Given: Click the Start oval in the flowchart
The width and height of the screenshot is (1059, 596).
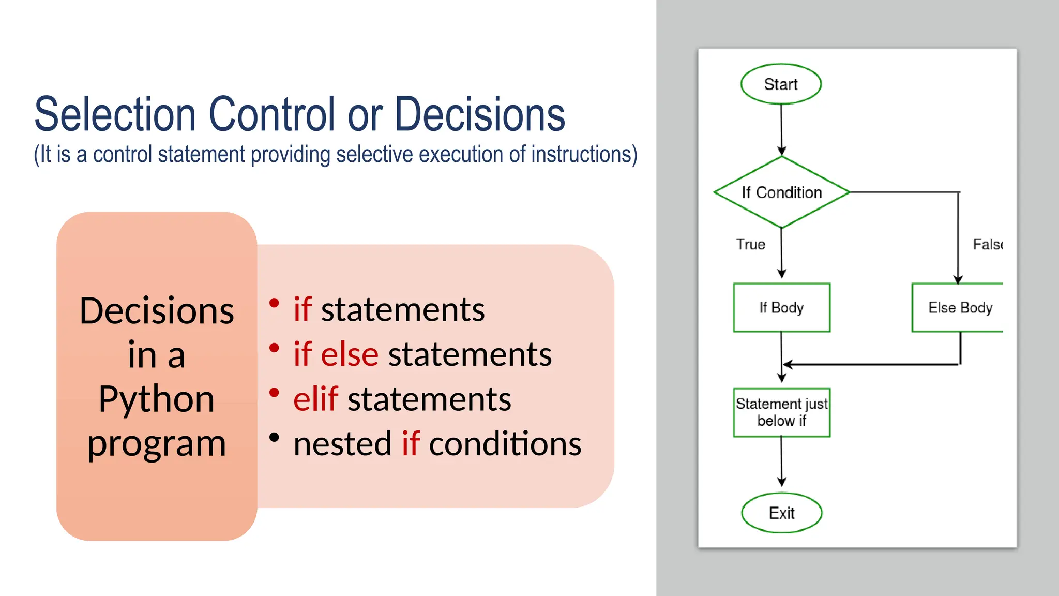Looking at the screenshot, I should click(781, 84).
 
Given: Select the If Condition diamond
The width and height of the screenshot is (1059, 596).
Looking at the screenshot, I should click(781, 192).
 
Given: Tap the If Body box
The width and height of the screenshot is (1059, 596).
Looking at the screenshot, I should click(781, 307).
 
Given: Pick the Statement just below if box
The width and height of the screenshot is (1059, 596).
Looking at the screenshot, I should click(781, 412).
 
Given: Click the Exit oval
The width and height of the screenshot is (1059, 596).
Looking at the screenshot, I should click(781, 513).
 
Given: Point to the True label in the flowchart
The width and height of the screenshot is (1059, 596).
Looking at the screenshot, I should click(750, 244).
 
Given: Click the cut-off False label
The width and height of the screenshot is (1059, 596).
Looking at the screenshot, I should click(987, 244).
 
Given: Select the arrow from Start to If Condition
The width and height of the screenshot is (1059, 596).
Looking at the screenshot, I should click(781, 129).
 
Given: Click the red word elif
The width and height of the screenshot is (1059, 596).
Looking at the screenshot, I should click(315, 399).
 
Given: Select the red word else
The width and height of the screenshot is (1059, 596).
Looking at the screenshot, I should click(350, 355).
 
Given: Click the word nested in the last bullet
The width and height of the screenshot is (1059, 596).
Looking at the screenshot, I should click(342, 444).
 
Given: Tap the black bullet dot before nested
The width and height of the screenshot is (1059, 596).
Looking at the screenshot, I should click(275, 438).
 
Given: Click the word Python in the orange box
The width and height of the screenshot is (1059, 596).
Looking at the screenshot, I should click(156, 399).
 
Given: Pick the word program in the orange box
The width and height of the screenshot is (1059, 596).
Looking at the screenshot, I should click(156, 444).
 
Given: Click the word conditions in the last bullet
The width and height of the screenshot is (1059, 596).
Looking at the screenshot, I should click(505, 444).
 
